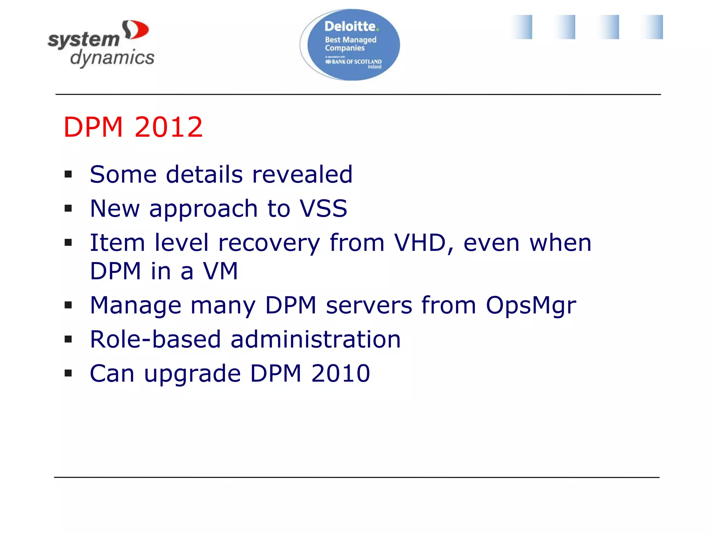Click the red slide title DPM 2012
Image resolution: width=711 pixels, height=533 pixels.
133,127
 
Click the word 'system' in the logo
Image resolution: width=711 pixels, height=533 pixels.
84,40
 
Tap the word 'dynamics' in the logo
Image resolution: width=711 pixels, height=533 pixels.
112,57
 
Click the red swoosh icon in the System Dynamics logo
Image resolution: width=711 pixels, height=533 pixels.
136,30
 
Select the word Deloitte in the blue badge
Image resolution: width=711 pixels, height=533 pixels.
350,27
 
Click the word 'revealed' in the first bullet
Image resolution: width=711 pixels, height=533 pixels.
302,174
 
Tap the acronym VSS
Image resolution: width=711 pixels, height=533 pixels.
323,209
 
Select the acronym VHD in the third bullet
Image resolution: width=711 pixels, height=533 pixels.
420,243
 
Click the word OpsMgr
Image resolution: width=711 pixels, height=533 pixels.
530,306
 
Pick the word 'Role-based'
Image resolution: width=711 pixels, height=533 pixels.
155,339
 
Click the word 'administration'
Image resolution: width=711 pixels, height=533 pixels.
316,339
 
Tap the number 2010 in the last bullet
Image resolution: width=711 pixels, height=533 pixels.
341,373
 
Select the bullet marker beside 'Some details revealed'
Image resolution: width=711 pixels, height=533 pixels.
68,174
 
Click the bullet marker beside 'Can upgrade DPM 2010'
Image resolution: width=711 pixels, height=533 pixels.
68,373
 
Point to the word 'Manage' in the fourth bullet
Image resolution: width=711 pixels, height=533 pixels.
135,306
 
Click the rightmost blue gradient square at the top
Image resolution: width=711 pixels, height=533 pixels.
652,27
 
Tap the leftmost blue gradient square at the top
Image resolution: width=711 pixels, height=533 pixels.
522,27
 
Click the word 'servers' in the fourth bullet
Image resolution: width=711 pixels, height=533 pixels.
369,306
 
